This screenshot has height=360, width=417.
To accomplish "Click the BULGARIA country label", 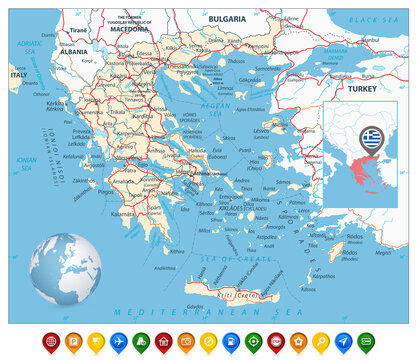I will point(228,18).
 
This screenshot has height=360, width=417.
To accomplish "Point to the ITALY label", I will point(17,75).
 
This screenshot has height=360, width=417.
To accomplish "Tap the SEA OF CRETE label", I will point(221,257).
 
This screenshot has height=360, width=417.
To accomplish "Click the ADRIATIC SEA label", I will point(28,47).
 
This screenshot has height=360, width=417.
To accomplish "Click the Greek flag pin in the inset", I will point(371,136).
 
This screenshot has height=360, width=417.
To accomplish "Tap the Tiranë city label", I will point(80,31).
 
